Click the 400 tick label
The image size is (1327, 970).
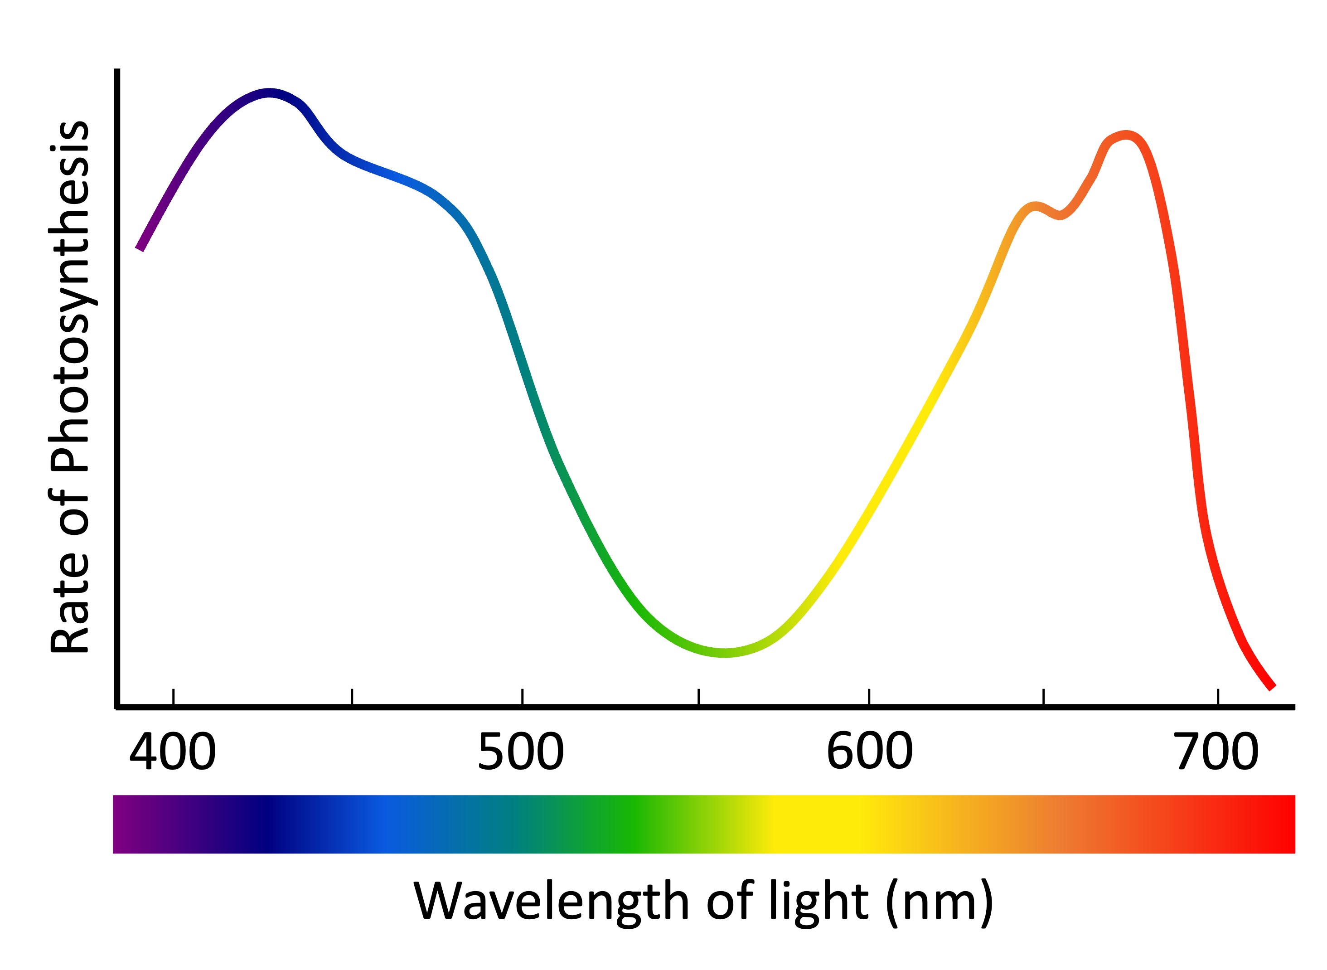pyautogui.click(x=173, y=753)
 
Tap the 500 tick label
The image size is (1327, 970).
pyautogui.click(x=521, y=753)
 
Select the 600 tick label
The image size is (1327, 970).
pyautogui.click(x=870, y=753)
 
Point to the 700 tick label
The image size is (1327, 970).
pyautogui.click(x=1216, y=753)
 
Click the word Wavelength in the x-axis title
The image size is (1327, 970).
pyautogui.click(x=552, y=902)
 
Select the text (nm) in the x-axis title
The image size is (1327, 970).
pyautogui.click(x=940, y=902)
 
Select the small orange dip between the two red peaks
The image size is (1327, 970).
pyautogui.click(x=1060, y=215)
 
